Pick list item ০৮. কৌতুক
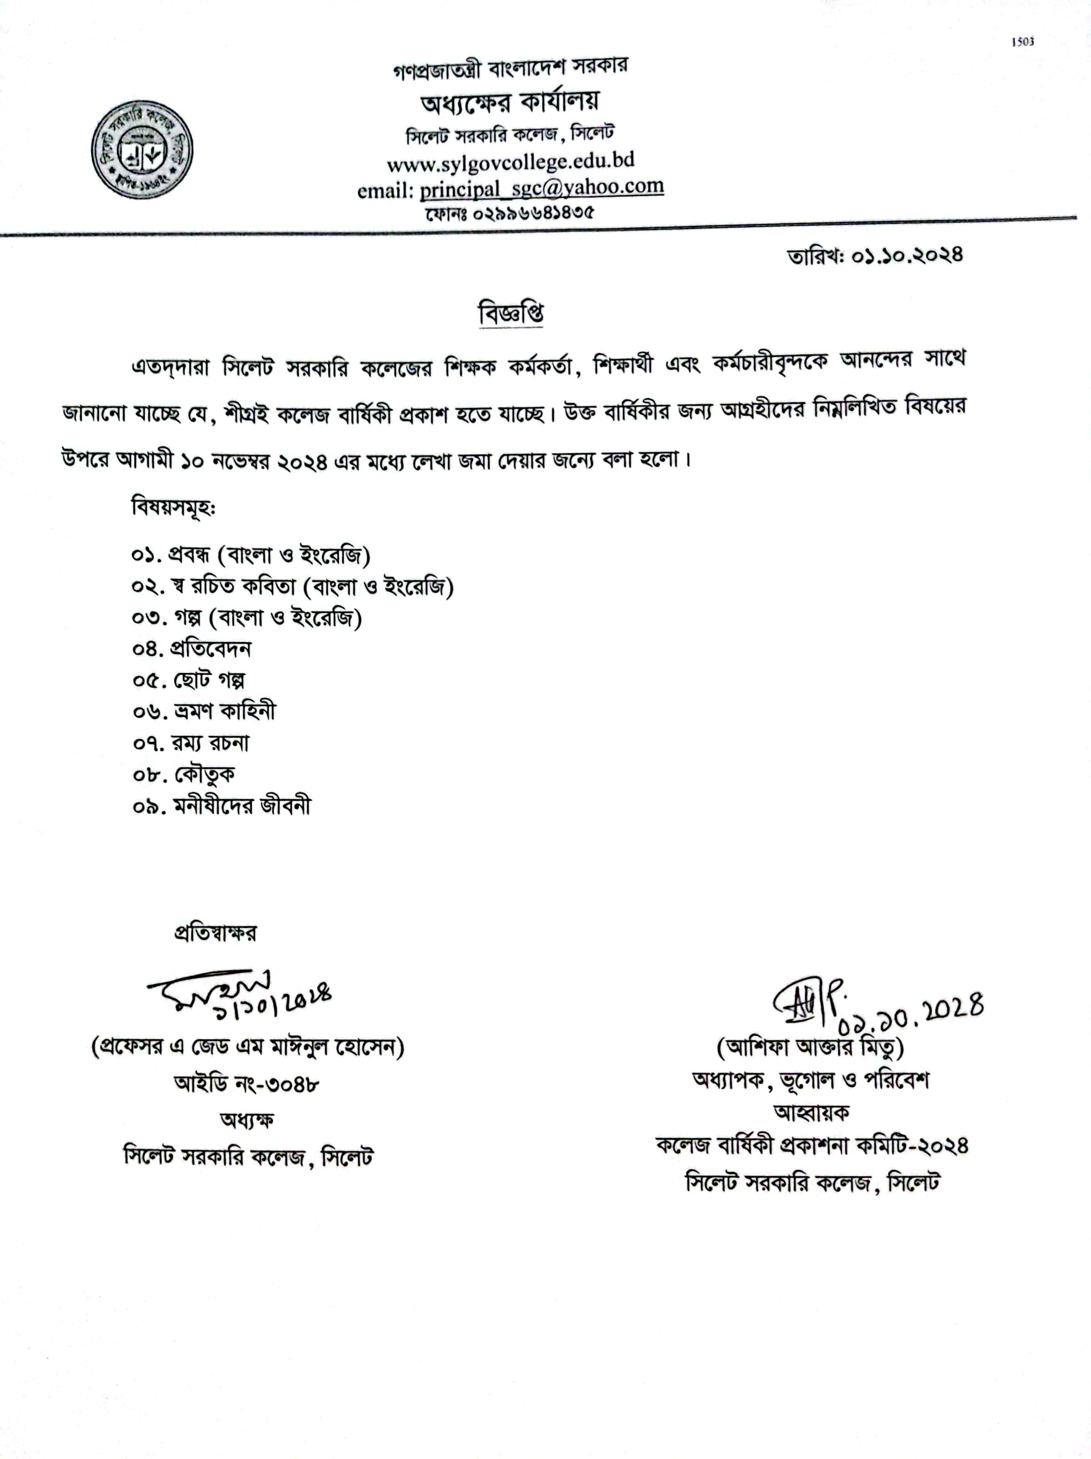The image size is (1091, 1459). (x=184, y=774)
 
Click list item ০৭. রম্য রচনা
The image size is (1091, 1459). (x=191, y=743)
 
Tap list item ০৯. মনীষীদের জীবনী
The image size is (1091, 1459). (x=221, y=806)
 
